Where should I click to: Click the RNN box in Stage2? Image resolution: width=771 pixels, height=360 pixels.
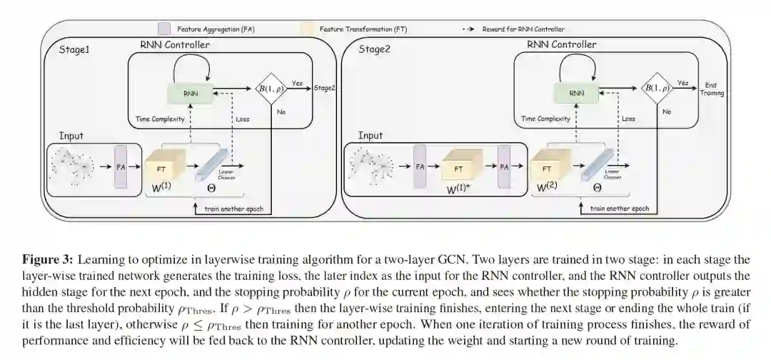575,93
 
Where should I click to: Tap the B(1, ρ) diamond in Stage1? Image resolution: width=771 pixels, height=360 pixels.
271,89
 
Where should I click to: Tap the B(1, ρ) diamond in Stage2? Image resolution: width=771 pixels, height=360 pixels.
656,89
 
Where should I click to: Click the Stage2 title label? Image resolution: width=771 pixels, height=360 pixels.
376,49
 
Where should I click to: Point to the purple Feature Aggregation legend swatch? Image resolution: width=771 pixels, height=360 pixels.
163,29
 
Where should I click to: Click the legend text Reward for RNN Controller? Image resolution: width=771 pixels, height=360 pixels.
523,29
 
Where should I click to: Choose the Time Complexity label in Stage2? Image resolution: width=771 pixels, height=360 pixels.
545,119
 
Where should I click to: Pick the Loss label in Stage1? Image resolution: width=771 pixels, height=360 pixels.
243,119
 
